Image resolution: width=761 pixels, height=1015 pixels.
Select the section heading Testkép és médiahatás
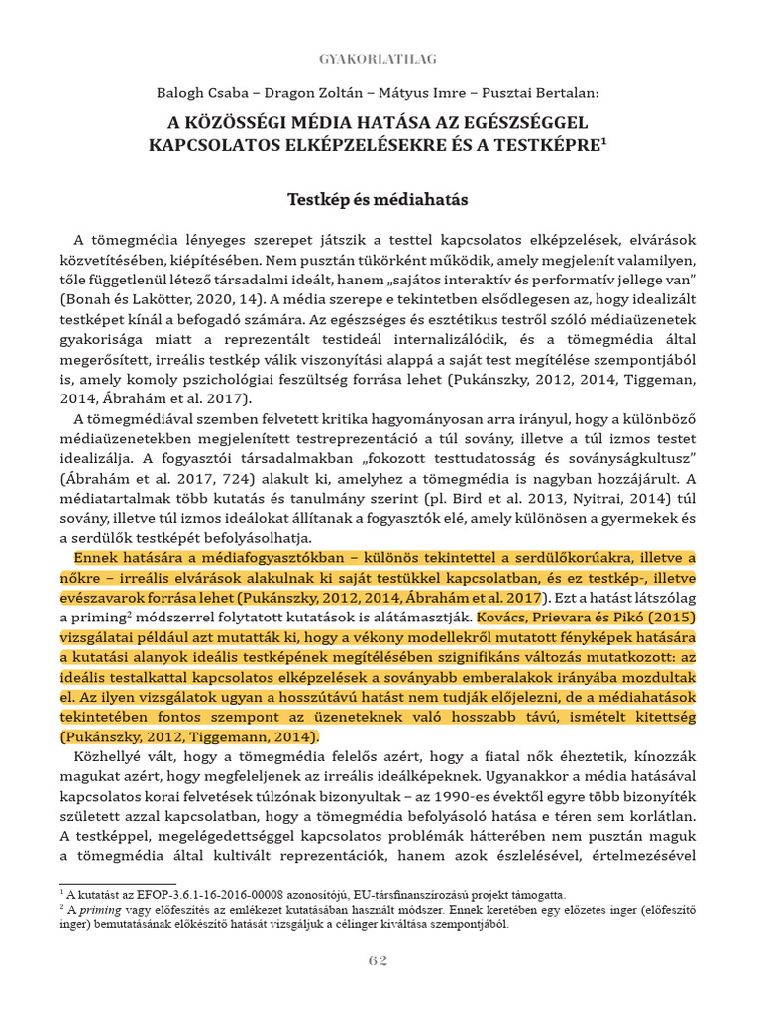(378, 200)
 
